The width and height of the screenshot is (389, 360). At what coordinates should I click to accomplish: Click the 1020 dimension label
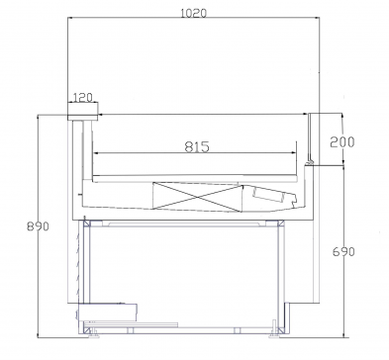tap(194, 13)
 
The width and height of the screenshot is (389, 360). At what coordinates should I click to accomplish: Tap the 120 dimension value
tap(82, 98)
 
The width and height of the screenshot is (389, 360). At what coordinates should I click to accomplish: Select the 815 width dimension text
tap(197, 146)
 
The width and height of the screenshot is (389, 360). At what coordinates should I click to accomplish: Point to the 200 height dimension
tap(342, 141)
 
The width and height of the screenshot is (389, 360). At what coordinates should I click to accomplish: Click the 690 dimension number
tap(343, 252)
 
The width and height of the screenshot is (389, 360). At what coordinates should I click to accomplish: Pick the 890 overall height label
tap(38, 226)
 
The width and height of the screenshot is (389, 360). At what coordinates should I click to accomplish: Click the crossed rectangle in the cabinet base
tap(197, 197)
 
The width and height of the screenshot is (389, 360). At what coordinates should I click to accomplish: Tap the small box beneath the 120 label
tap(83, 112)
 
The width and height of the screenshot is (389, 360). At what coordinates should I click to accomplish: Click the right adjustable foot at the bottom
tap(274, 335)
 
